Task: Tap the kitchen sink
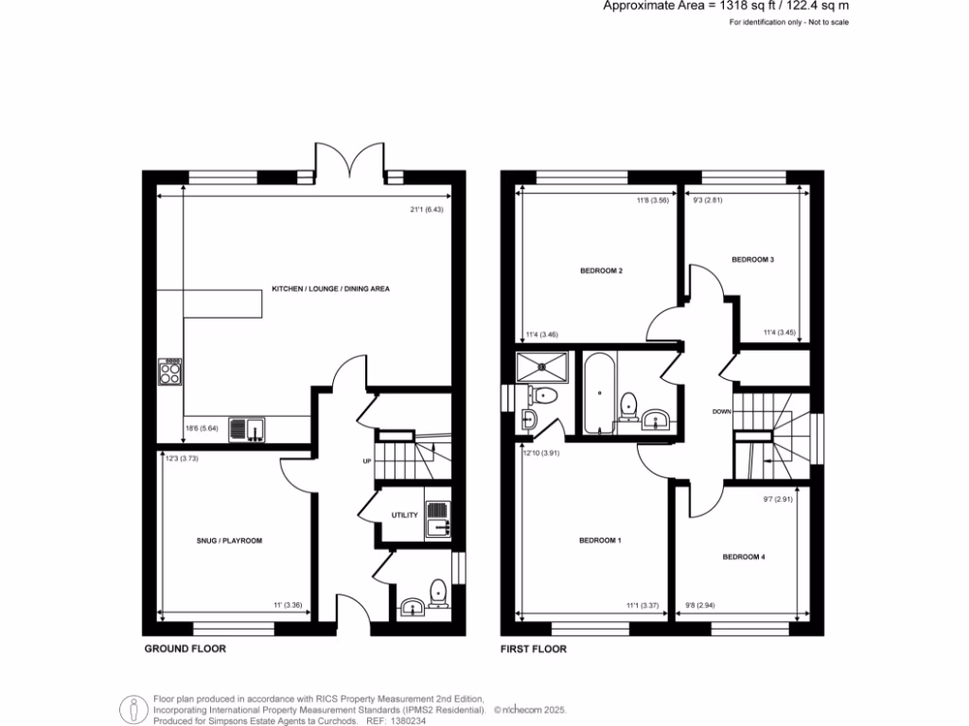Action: pos(255,430)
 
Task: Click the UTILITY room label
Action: pos(404,515)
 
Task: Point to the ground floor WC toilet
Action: pos(437,591)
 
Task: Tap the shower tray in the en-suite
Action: pos(543,365)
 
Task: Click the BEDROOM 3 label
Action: pos(753,259)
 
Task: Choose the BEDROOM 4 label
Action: pos(743,557)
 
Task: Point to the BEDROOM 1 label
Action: pos(600,541)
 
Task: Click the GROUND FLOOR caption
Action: pos(185,649)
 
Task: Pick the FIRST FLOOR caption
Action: pos(534,649)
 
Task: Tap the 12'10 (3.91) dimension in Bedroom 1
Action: pos(542,453)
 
